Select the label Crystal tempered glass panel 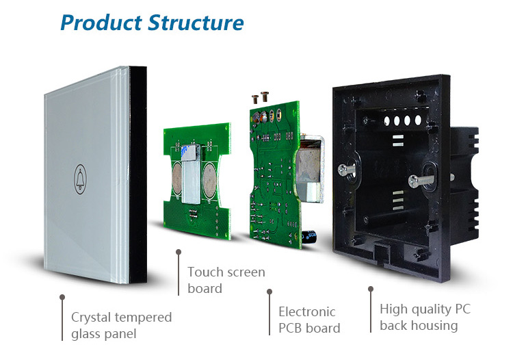tap(121, 326)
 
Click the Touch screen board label tap(226, 280)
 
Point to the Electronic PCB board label tap(308, 320)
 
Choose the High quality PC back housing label tap(425, 317)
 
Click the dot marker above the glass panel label tap(62, 298)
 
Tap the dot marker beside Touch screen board tap(179, 254)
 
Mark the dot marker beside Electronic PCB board tap(268, 292)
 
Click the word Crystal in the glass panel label tap(94, 318)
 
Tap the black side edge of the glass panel tap(139, 175)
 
